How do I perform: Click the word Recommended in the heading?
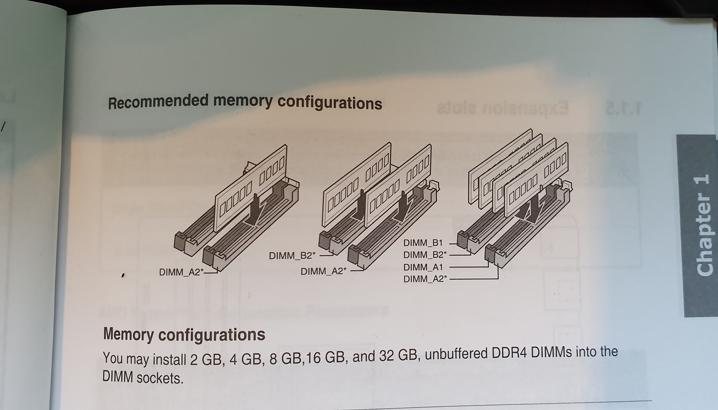[158, 102]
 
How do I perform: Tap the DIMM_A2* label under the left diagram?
[181, 272]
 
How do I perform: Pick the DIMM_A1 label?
[423, 267]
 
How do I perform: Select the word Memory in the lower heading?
[128, 334]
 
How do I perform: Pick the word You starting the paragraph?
[113, 358]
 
